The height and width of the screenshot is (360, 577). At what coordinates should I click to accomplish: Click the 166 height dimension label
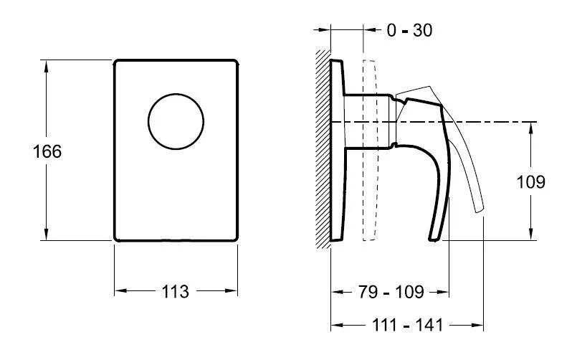47,151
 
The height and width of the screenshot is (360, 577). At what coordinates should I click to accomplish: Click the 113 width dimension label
175,292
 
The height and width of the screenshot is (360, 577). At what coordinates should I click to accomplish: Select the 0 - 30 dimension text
409,30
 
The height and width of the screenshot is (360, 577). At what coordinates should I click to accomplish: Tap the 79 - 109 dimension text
391,292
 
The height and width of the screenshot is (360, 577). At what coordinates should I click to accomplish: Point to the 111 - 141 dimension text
407,325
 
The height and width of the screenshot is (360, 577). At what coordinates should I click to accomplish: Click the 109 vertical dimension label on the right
531,182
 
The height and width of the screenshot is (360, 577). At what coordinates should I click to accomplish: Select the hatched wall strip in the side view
323,149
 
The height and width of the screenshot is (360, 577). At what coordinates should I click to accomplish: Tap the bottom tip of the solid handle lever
434,240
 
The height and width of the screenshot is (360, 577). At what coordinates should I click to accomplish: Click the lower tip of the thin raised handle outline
480,211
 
